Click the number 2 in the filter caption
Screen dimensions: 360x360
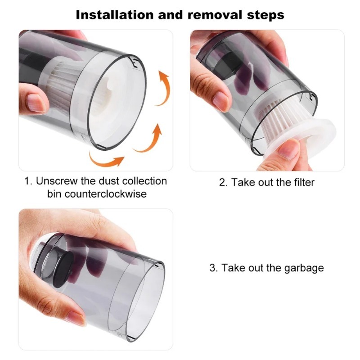(222, 182)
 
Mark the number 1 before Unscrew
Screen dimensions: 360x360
(27, 181)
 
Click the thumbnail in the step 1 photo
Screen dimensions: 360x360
(35, 103)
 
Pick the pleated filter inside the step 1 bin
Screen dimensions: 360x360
(63, 85)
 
